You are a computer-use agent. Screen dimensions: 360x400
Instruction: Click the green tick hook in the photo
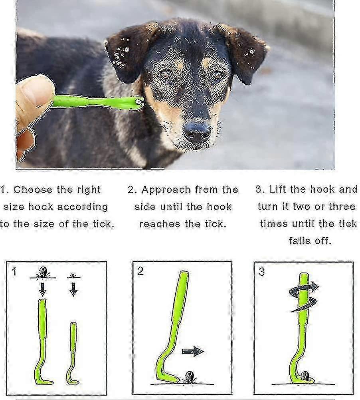pyautogui.click(x=98, y=102)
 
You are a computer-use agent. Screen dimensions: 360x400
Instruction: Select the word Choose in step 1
pyautogui.click(x=33, y=189)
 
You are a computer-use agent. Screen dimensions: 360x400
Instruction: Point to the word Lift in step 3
pyautogui.click(x=277, y=189)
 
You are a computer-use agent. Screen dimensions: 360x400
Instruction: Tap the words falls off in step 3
pyautogui.click(x=310, y=241)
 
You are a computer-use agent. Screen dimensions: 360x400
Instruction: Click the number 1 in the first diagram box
pyautogui.click(x=14, y=271)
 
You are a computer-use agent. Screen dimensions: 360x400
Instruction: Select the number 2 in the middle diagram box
pyautogui.click(x=140, y=271)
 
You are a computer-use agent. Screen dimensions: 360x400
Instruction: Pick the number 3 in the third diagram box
pyautogui.click(x=261, y=272)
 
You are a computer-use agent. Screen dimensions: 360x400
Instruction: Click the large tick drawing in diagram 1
pyautogui.click(x=43, y=272)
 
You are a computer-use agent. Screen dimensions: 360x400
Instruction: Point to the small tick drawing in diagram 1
pyautogui.click(x=73, y=275)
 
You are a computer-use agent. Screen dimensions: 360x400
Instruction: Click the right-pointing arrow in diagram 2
pyautogui.click(x=193, y=351)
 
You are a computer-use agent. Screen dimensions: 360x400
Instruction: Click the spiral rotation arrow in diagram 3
pyautogui.click(x=304, y=297)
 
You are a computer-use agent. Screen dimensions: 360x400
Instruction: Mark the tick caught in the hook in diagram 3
pyautogui.click(x=305, y=376)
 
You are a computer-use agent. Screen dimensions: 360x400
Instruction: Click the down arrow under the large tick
pyautogui.click(x=43, y=289)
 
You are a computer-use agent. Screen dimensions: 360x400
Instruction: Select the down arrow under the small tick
pyautogui.click(x=73, y=289)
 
